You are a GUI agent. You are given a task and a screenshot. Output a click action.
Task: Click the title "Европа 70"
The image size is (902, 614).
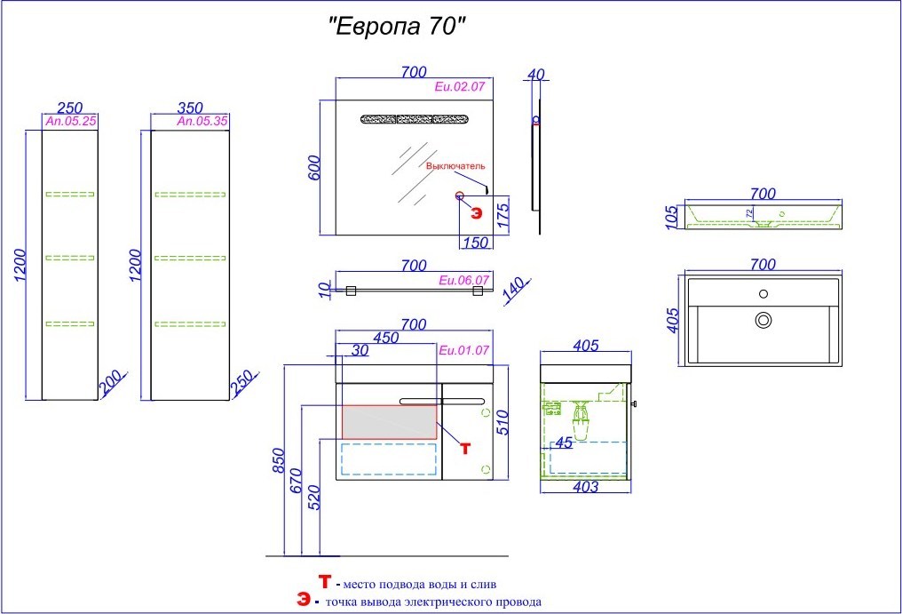[396, 27]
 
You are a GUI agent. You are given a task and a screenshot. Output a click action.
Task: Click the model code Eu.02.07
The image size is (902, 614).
[460, 87]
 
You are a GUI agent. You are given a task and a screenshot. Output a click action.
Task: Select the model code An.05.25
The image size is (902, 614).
[71, 122]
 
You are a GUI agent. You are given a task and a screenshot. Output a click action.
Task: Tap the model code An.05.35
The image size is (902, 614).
[202, 122]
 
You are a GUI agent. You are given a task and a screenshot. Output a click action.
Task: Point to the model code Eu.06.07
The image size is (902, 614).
[463, 281]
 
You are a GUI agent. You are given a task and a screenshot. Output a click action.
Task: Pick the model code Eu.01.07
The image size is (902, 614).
[463, 350]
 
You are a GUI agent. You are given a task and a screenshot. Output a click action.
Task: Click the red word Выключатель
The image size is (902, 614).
[455, 166]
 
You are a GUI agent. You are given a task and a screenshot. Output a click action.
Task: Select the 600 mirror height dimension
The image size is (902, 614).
[314, 168]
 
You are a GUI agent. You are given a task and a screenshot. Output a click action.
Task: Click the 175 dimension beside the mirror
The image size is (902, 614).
[502, 215]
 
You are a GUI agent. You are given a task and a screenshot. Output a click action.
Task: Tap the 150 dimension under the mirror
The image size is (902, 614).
[476, 243]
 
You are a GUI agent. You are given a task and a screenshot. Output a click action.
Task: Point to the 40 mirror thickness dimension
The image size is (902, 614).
[535, 75]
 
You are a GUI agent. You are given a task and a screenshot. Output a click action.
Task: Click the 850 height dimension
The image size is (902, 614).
[279, 461]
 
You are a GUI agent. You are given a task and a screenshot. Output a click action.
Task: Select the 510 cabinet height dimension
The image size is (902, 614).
[502, 422]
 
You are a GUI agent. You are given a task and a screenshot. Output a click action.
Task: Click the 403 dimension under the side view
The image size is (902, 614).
[586, 487]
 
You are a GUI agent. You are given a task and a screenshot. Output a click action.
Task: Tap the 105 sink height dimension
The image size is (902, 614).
[672, 218]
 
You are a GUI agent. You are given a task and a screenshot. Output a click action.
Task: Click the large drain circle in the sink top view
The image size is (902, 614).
[764, 320]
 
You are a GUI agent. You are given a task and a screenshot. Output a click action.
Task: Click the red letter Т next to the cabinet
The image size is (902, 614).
[465, 448]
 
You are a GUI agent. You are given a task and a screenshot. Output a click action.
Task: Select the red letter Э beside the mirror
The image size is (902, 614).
[477, 213]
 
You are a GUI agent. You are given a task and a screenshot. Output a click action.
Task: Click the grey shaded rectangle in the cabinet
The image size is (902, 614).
[390, 422]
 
